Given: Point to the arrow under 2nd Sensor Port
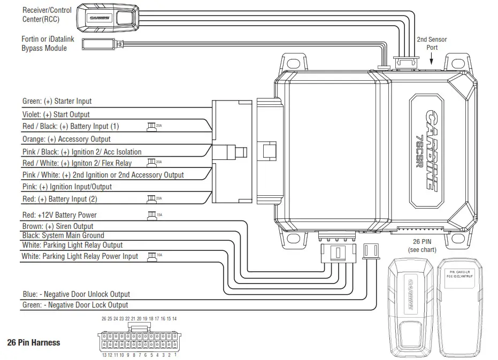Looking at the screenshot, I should click(x=432, y=62).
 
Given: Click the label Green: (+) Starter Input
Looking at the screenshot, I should click(x=57, y=101).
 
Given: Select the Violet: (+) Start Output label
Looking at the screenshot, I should click(x=56, y=114).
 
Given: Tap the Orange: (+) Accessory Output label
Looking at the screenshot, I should click(x=66, y=139).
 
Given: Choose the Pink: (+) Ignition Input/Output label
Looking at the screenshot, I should click(x=67, y=187).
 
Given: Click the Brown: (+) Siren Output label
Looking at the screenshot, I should click(x=58, y=226).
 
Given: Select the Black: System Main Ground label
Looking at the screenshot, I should click(x=63, y=235).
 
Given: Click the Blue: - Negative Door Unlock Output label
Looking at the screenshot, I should click(x=76, y=294).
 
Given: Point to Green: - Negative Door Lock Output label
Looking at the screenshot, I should click(x=75, y=305).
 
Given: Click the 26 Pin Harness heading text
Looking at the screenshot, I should click(x=34, y=342).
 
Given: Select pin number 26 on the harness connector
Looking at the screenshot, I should click(x=104, y=319).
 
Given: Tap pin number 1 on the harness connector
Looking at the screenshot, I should click(x=175, y=355).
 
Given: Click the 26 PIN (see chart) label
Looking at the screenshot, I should click(x=422, y=246).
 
